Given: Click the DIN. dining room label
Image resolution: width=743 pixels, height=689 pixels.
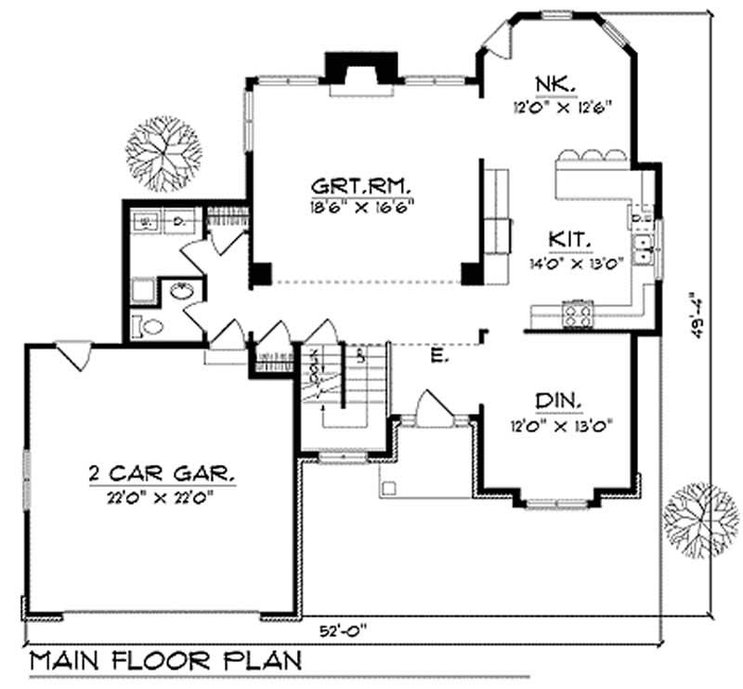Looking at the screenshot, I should coord(558,402).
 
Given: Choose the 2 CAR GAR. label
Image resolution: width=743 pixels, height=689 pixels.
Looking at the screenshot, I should coord(162,475).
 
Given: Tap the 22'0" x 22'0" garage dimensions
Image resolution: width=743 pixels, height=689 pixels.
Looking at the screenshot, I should coord(162,496).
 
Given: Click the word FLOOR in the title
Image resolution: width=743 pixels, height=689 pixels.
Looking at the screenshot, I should coord(165,661).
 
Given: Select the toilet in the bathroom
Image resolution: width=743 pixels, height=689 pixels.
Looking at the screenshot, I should coord(148,326).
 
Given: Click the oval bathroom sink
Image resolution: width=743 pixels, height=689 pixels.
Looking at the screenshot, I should coord(182,292).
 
